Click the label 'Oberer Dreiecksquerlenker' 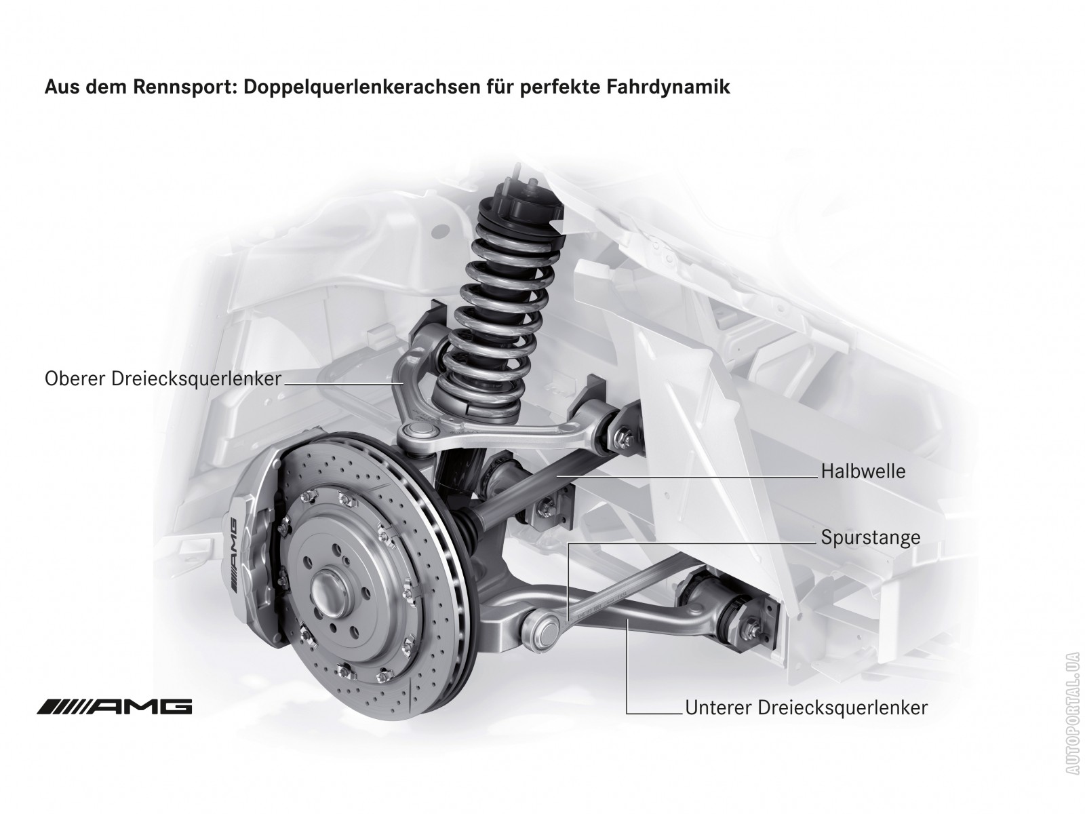tap(163, 379)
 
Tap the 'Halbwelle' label tap(863, 471)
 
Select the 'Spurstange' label tap(871, 537)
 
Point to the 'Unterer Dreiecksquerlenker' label tap(806, 708)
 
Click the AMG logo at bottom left tap(114, 707)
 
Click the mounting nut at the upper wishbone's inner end tap(624, 438)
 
